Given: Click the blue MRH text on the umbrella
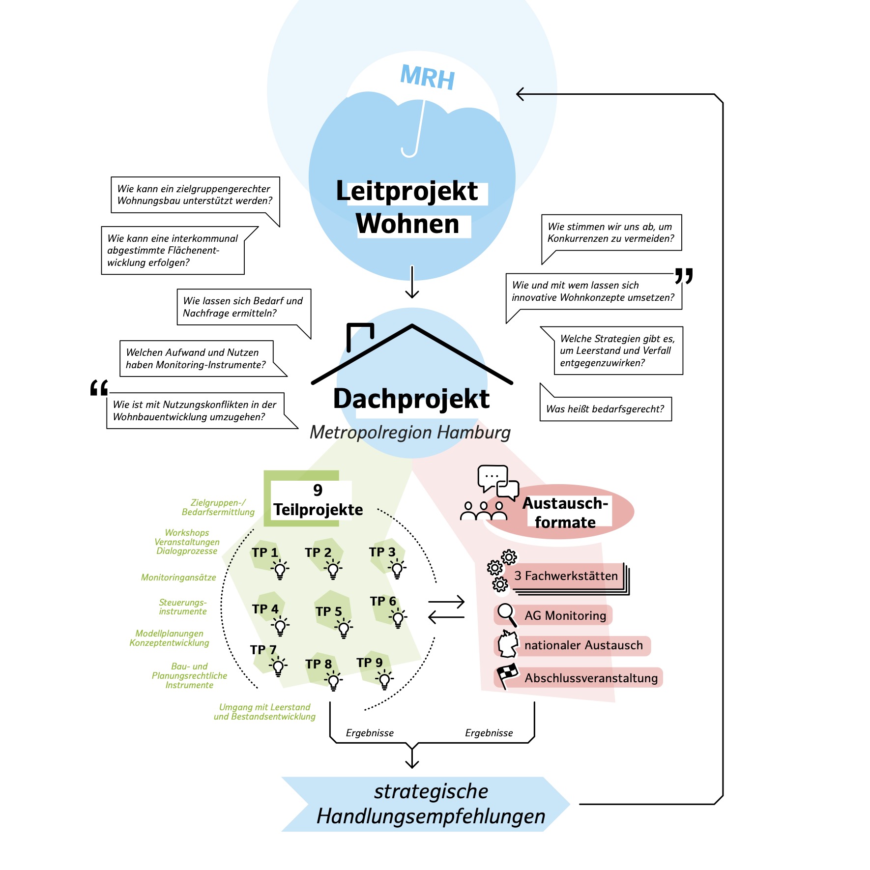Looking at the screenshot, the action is coord(428,77).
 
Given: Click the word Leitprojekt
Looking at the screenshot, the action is coord(407,191).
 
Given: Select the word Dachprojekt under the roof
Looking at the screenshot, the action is coord(411,399).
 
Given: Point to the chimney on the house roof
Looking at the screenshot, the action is coord(360,336).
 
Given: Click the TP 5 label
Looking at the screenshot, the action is coord(329,611).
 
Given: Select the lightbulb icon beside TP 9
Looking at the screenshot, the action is coord(384,680).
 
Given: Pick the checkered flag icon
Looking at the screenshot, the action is coord(507,676).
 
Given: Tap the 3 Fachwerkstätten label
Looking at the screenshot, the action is coord(566,576).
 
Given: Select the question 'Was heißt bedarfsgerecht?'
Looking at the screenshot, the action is coord(605,409).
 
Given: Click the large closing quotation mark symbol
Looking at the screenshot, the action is coord(684,276).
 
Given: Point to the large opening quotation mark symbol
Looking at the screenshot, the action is coord(99,388).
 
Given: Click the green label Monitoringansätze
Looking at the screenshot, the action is coord(178,578).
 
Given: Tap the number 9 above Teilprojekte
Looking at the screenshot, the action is coord(318,490).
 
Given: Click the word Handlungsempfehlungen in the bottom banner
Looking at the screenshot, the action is coord(431,816).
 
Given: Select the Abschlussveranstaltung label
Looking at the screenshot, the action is coord(591,678).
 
